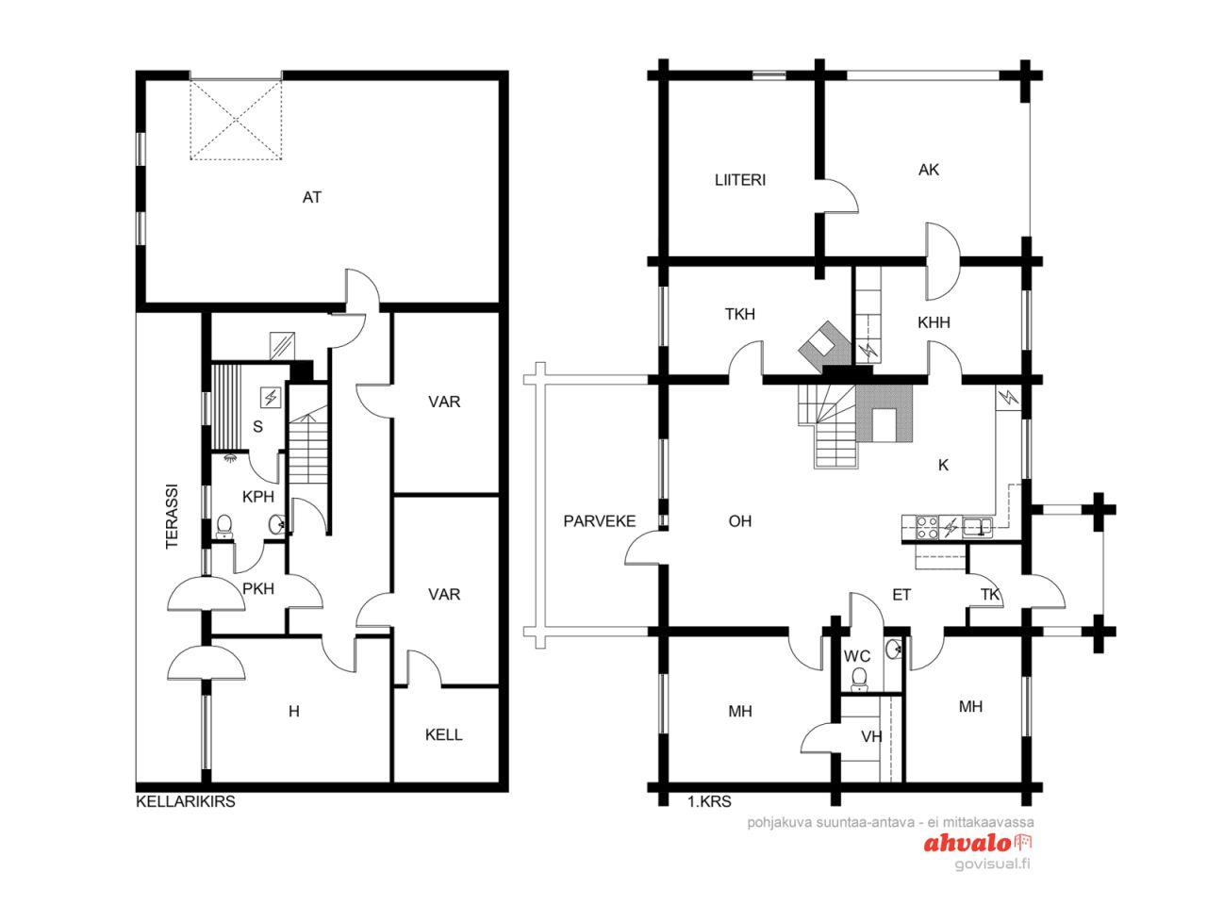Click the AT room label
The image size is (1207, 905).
(x=312, y=197)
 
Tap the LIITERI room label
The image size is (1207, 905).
(x=739, y=179)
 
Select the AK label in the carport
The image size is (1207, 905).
(x=929, y=170)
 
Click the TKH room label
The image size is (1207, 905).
(x=739, y=314)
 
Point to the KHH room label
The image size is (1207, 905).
(x=934, y=322)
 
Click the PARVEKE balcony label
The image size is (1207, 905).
(x=600, y=520)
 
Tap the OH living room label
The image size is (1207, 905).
(x=739, y=520)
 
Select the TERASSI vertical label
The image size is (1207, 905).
(x=172, y=517)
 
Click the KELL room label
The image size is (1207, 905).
(x=443, y=734)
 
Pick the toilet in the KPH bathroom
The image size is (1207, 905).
(x=224, y=525)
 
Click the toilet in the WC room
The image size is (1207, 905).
(x=859, y=677)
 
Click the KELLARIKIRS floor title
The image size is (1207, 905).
(x=186, y=802)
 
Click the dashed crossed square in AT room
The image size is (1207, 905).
(x=237, y=121)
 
